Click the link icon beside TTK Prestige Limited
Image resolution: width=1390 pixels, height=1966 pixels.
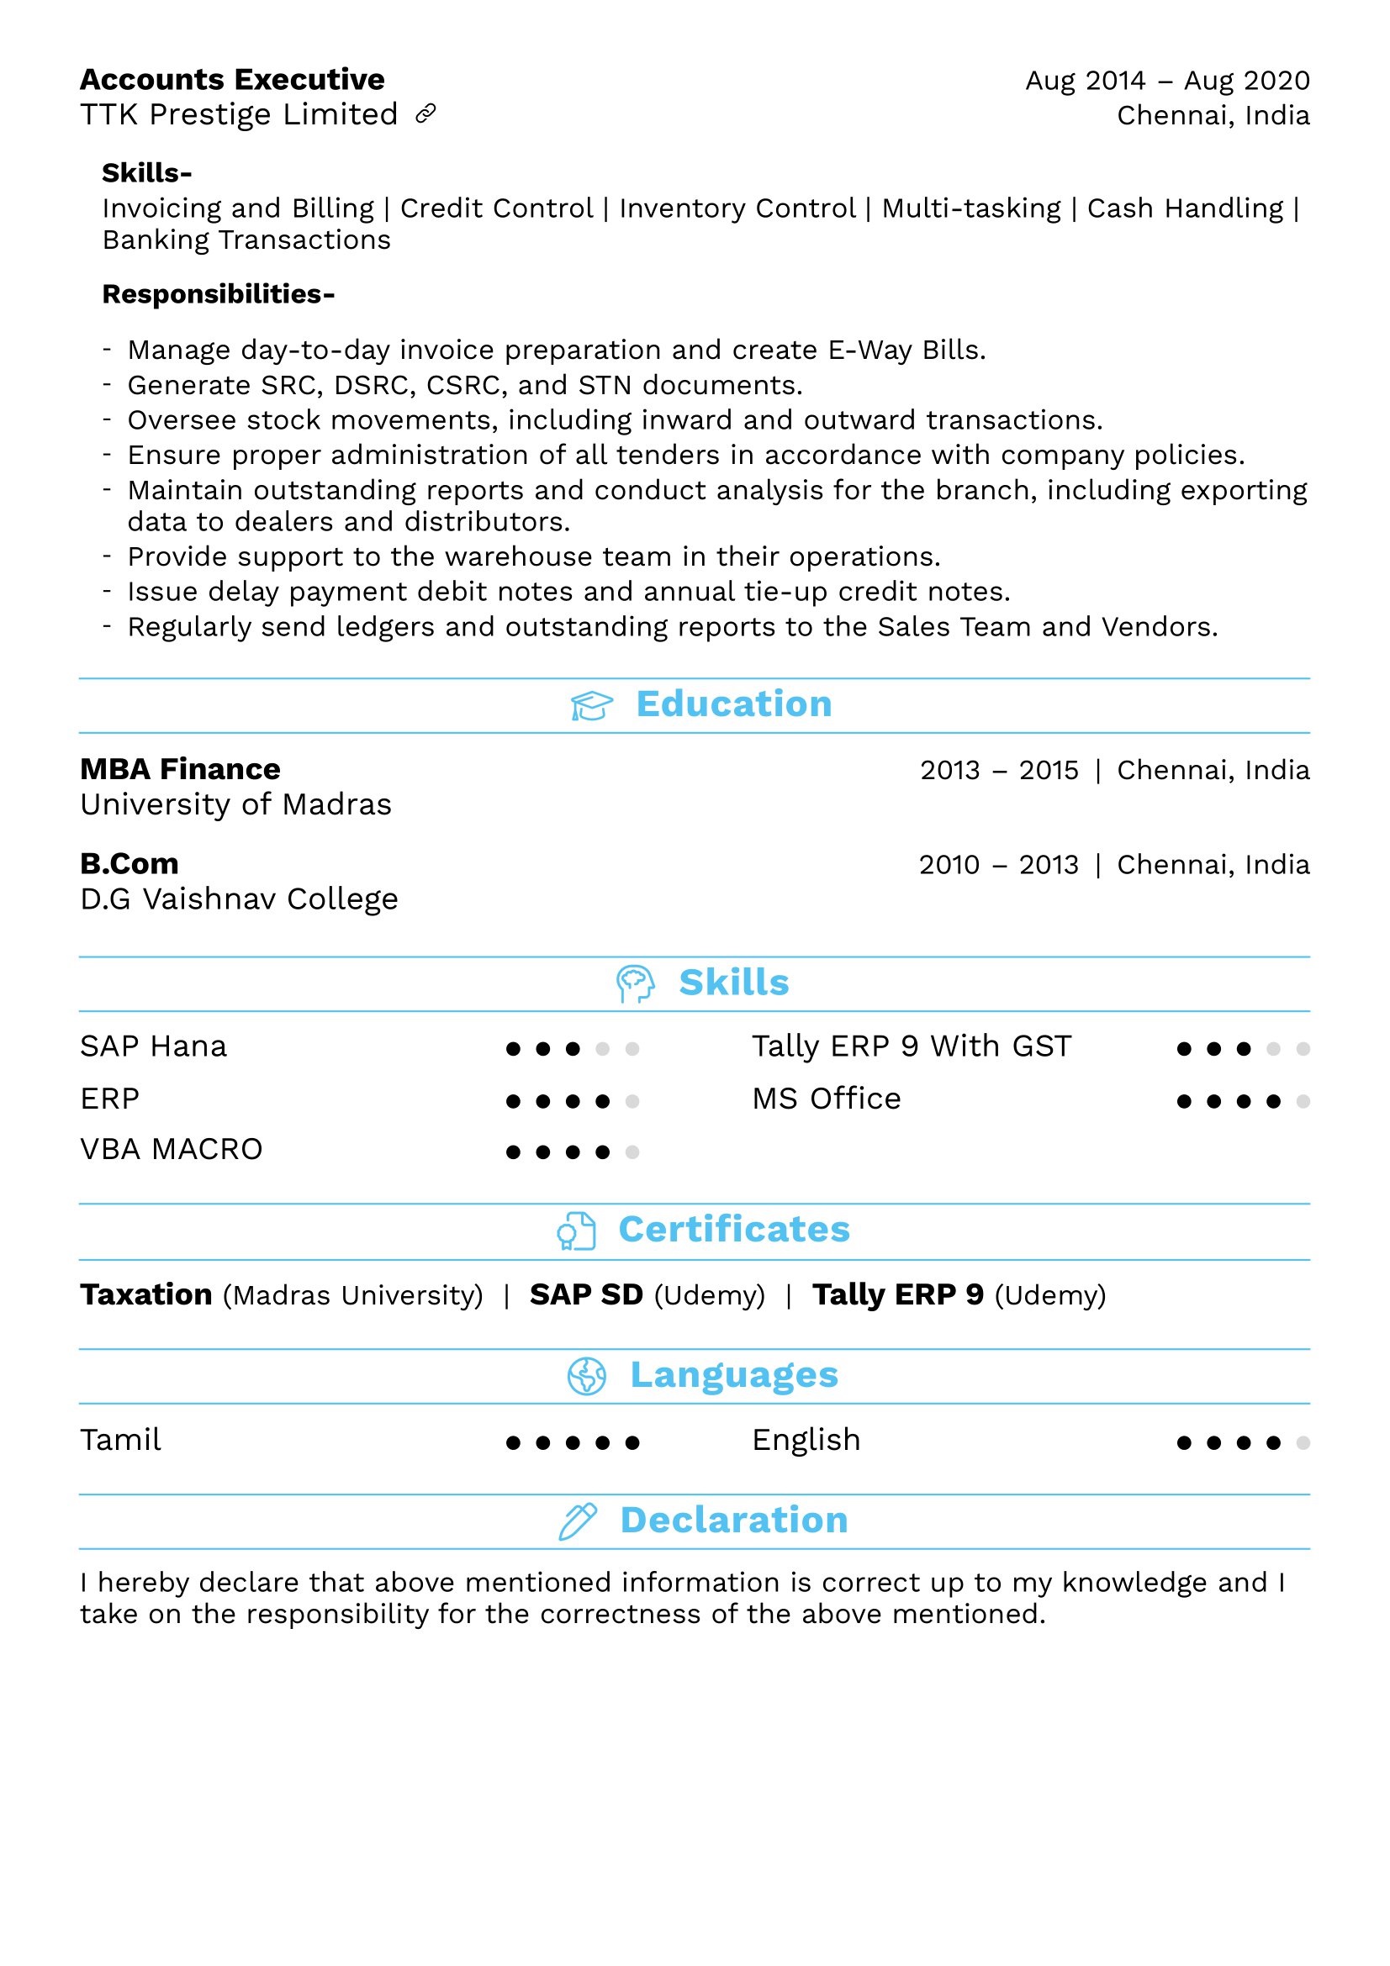click(x=425, y=113)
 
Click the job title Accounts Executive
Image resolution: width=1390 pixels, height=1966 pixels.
click(x=232, y=80)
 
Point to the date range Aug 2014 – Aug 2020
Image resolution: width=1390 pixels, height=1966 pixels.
click(x=1166, y=81)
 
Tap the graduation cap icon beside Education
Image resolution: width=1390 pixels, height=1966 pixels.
click(x=591, y=705)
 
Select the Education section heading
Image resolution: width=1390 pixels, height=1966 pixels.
click(x=733, y=704)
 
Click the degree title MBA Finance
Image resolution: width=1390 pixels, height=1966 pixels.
click(x=180, y=769)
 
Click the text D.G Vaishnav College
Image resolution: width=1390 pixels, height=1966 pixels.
click(x=239, y=899)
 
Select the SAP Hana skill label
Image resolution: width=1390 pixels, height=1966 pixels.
click(x=153, y=1046)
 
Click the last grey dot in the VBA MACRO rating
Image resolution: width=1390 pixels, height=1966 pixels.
click(x=632, y=1152)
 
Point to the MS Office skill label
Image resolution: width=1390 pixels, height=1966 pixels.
click(x=826, y=1099)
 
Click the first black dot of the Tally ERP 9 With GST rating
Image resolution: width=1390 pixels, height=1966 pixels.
click(x=1184, y=1049)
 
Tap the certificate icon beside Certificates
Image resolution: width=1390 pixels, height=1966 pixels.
click(x=575, y=1231)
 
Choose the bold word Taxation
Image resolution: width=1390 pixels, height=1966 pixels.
click(x=145, y=1294)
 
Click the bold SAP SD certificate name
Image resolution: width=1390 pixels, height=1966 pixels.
click(x=586, y=1294)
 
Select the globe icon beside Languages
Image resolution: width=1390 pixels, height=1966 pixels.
click(x=587, y=1376)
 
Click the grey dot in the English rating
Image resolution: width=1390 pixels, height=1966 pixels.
click(x=1303, y=1443)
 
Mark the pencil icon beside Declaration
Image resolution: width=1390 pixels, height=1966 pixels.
click(x=577, y=1521)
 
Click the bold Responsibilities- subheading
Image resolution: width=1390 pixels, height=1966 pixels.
click(x=219, y=293)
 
